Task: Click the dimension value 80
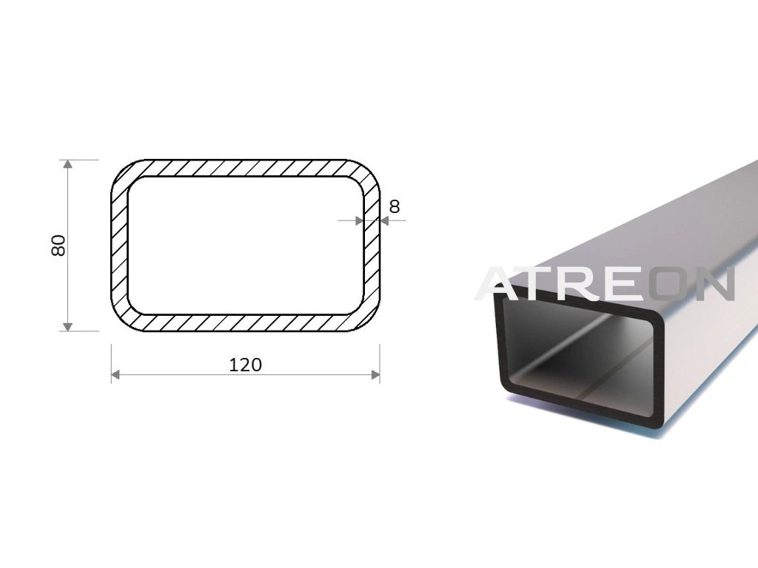click(58, 246)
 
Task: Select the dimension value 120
click(245, 365)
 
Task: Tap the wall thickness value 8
click(395, 207)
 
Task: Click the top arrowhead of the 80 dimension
click(67, 164)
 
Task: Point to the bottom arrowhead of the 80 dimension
click(67, 326)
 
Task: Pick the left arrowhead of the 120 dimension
click(115, 374)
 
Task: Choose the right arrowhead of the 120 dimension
click(375, 374)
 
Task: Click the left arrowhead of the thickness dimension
click(359, 220)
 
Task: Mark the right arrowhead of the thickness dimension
click(385, 220)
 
